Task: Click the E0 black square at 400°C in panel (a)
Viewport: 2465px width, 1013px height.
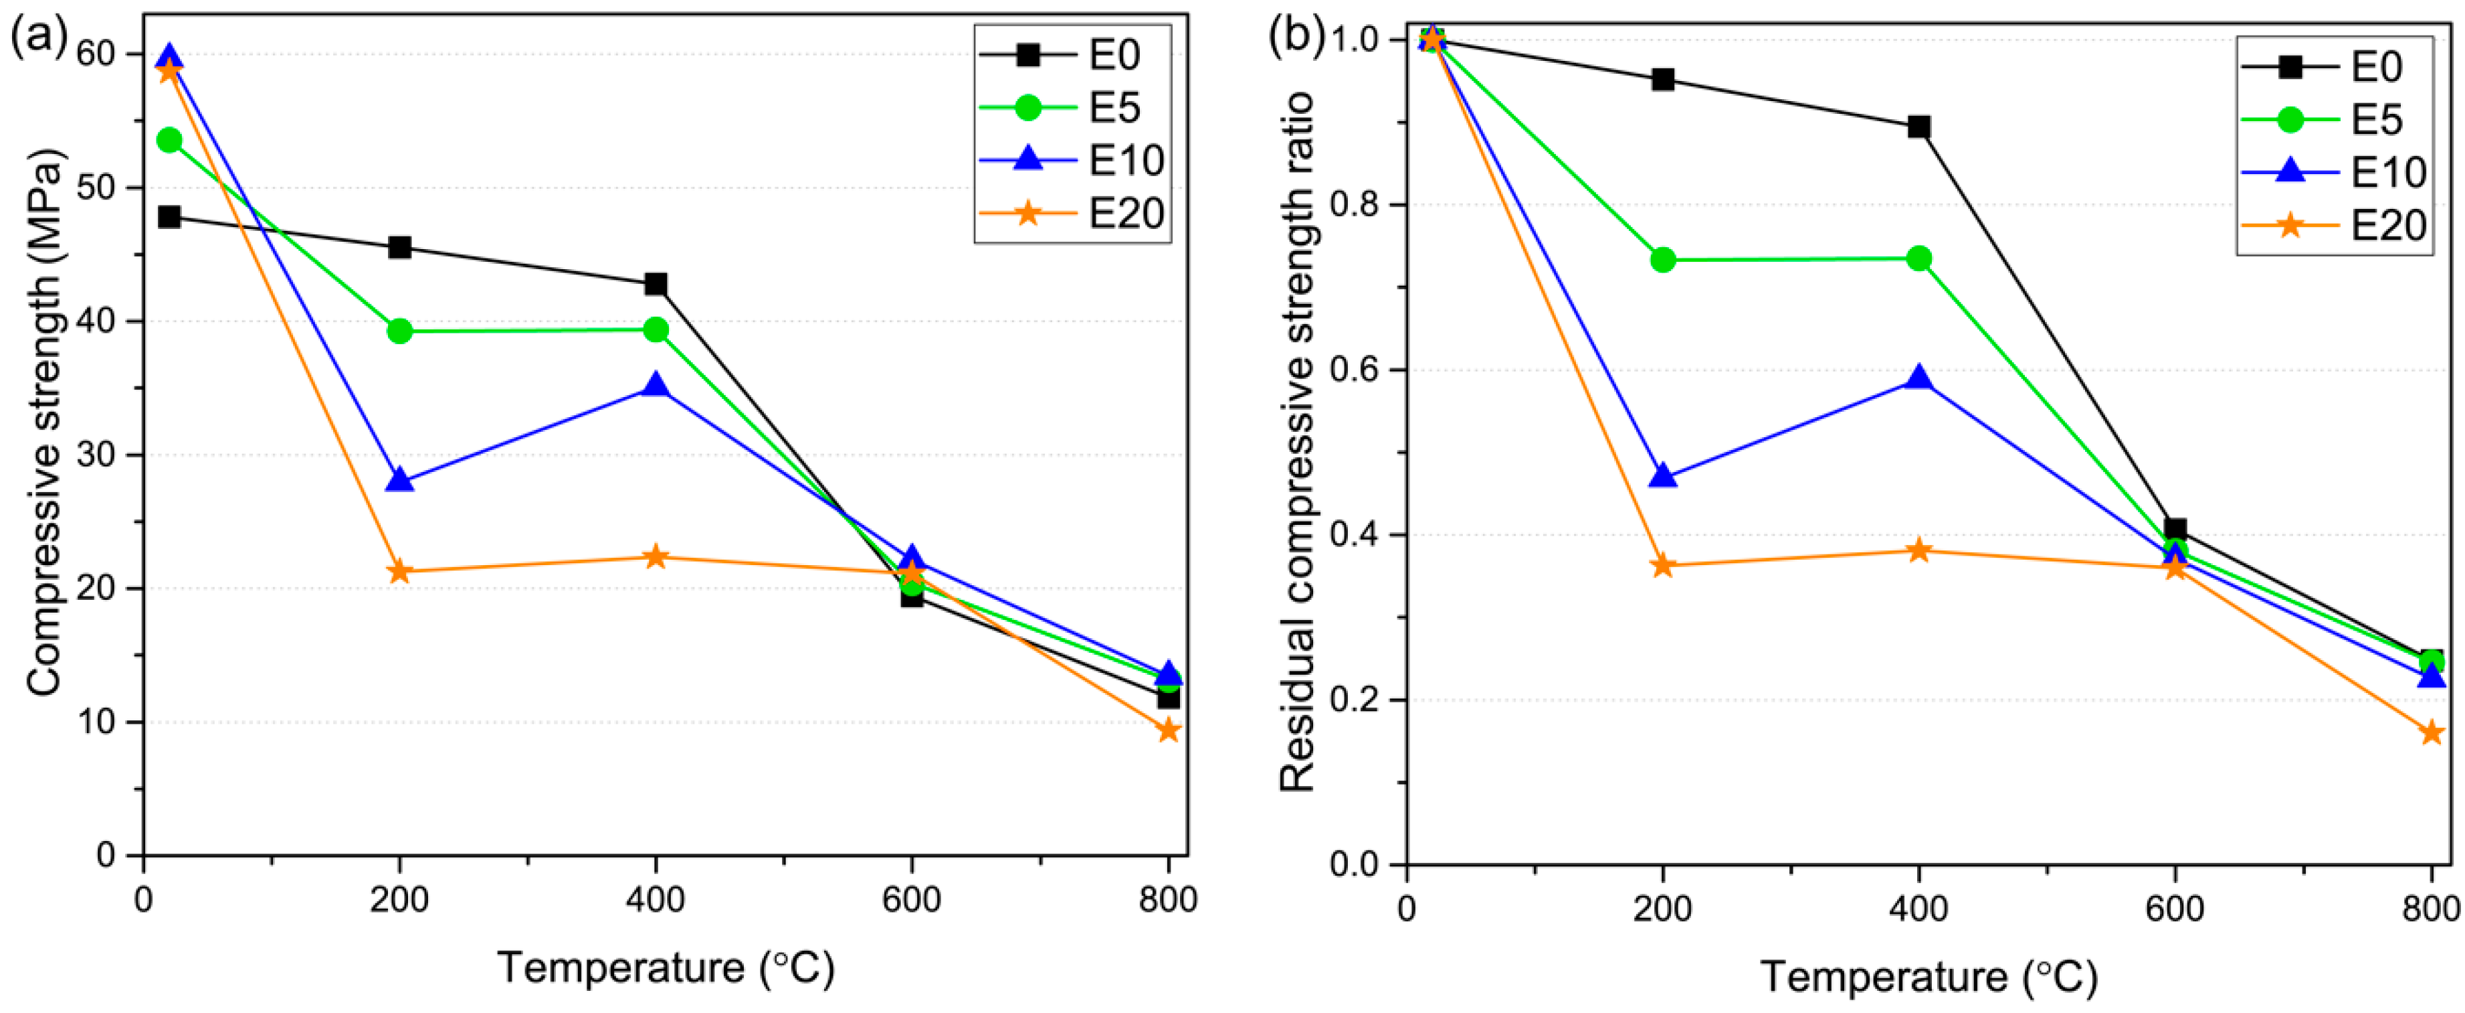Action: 656,285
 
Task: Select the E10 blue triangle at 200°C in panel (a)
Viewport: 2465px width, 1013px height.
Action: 400,479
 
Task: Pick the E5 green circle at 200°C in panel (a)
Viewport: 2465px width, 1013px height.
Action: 400,331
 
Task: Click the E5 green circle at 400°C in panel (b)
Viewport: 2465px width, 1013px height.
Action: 1918,258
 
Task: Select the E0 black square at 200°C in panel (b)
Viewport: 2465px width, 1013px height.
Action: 1663,80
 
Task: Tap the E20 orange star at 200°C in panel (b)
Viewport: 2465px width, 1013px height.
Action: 1663,566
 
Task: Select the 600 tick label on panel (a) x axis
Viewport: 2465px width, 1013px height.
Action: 911,900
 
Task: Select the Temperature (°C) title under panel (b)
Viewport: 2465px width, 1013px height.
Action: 1929,978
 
